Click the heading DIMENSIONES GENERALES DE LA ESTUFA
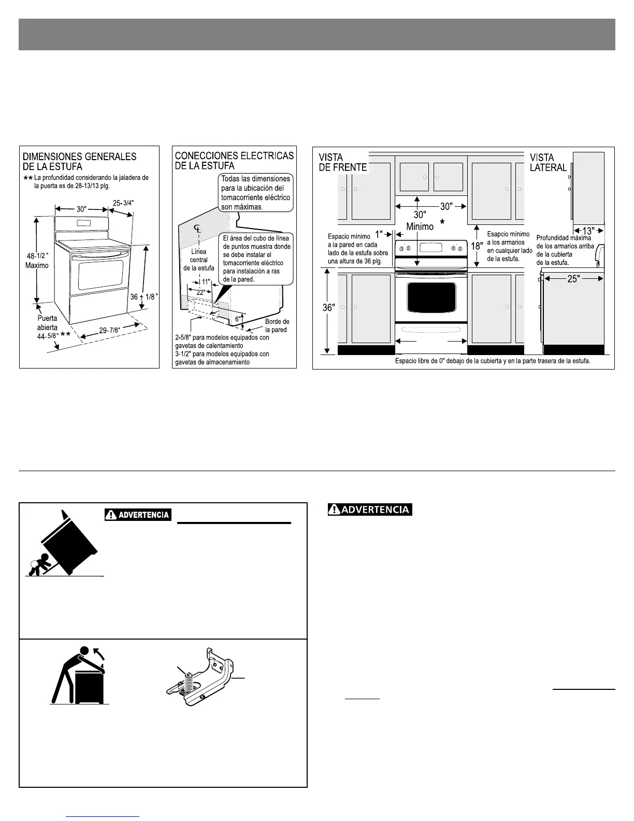click(79, 161)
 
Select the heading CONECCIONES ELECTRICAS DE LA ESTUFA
click(234, 161)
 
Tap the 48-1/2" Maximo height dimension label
click(37, 260)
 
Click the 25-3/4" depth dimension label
click(123, 203)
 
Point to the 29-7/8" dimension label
click(110, 331)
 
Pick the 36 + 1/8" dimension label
click(144, 297)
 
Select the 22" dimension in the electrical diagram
click(200, 292)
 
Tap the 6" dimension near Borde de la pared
click(238, 319)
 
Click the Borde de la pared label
click(277, 325)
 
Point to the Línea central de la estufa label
click(198, 260)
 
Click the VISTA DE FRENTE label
click(342, 162)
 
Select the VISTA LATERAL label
click(548, 162)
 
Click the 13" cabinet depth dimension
click(588, 231)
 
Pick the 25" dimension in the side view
click(573, 279)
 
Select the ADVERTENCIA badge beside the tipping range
click(138, 515)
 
